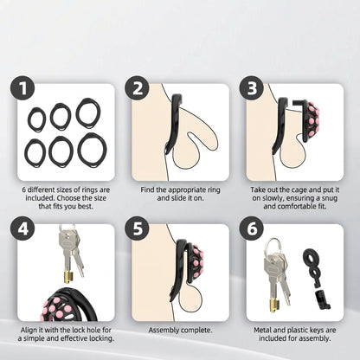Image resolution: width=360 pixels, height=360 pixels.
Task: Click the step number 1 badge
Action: pyautogui.click(x=22, y=88)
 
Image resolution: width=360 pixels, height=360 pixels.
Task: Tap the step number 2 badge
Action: pyautogui.click(x=137, y=88)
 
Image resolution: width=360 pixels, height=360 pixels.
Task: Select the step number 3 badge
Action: pyautogui.click(x=252, y=88)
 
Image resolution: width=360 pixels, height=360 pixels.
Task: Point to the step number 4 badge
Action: pyautogui.click(x=22, y=229)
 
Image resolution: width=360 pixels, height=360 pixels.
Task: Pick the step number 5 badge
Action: pyautogui.click(x=137, y=229)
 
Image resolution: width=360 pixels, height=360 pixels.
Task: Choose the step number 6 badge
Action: pyautogui.click(x=252, y=229)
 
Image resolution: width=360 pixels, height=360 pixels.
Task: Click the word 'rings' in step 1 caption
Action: pyautogui.click(x=91, y=190)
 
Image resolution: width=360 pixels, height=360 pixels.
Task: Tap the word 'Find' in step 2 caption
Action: pyautogui.click(x=147, y=190)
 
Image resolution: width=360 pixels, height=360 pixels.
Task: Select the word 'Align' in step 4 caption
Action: pyautogui.click(x=29, y=331)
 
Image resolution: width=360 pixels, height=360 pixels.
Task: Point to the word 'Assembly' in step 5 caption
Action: pyautogui.click(x=163, y=331)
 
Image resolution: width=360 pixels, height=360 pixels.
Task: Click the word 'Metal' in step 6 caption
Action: pyautogui.click(x=262, y=331)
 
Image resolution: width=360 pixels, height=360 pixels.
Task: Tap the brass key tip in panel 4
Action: pyautogui.click(x=69, y=277)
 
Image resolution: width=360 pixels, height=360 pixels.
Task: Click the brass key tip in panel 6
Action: pyautogui.click(x=275, y=305)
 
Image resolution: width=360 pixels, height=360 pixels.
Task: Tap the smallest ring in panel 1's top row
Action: pyautogui.click(x=37, y=119)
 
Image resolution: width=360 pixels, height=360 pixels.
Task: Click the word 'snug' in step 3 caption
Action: pyautogui.click(x=329, y=199)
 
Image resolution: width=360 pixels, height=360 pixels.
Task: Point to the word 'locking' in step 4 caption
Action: pyautogui.click(x=100, y=338)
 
